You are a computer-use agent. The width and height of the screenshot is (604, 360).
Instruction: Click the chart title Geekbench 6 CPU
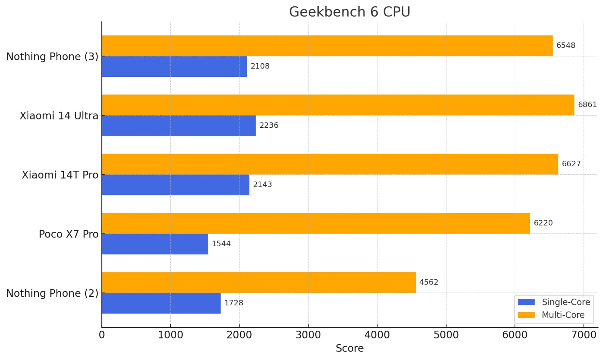[349, 12]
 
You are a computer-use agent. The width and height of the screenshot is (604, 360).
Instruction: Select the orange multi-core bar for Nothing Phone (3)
[327, 46]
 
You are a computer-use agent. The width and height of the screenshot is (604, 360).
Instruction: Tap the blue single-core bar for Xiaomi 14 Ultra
[179, 126]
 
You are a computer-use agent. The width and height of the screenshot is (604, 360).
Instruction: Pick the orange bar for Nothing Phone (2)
[259, 282]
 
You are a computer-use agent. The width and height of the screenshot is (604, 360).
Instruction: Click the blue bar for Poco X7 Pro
[155, 244]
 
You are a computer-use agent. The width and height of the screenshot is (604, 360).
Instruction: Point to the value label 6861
[587, 105]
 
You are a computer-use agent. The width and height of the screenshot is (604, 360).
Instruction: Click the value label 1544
[221, 244]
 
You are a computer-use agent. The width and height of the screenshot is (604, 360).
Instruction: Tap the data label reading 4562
[429, 282]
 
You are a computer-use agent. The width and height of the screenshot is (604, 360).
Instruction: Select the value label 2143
[262, 185]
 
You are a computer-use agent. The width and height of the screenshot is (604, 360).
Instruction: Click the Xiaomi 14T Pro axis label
[60, 175]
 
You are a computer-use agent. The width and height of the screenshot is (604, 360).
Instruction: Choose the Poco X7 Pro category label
[69, 234]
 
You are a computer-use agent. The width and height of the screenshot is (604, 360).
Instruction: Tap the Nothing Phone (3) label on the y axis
[52, 57]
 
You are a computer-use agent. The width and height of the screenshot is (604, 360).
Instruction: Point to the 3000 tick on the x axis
[308, 335]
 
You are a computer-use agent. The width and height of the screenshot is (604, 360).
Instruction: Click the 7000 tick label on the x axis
[583, 335]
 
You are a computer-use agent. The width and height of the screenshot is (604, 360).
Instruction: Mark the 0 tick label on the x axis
[102, 335]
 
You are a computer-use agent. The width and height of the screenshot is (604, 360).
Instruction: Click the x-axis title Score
[349, 348]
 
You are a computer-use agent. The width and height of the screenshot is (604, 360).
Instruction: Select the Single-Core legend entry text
[566, 302]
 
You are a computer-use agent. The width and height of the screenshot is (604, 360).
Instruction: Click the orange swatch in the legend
[526, 315]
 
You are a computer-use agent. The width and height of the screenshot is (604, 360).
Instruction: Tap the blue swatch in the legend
[526, 302]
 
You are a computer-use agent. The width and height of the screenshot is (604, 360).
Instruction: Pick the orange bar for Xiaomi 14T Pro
[330, 164]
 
